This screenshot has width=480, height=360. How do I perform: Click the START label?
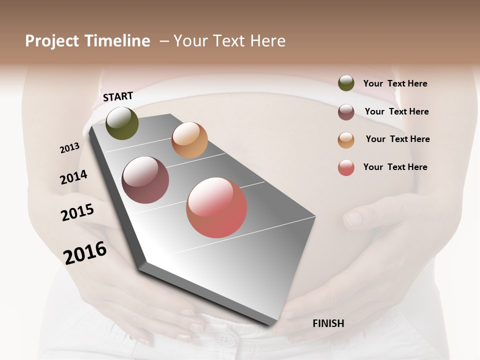[118, 96]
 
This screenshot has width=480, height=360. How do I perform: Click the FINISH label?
[328, 323]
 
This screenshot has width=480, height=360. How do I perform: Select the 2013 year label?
[69, 148]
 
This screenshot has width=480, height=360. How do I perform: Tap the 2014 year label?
[73, 177]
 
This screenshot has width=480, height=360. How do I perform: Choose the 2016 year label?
[85, 252]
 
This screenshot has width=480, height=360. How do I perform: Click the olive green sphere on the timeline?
[122, 123]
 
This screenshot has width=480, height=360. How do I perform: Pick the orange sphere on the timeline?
[189, 140]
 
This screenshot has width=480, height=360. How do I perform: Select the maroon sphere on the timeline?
[145, 180]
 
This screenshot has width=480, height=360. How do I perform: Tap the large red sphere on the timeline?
[216, 207]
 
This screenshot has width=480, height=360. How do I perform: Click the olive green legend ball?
[346, 83]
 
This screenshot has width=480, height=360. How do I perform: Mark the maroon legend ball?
[346, 112]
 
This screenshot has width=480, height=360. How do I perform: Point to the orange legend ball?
[346, 140]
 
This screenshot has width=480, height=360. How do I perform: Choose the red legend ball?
[346, 168]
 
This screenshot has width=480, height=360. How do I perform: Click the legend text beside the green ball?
[395, 84]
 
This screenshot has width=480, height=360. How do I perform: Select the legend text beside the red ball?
[395, 167]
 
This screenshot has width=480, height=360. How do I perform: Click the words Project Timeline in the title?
[87, 41]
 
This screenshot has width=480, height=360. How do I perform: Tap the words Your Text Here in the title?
[229, 41]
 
